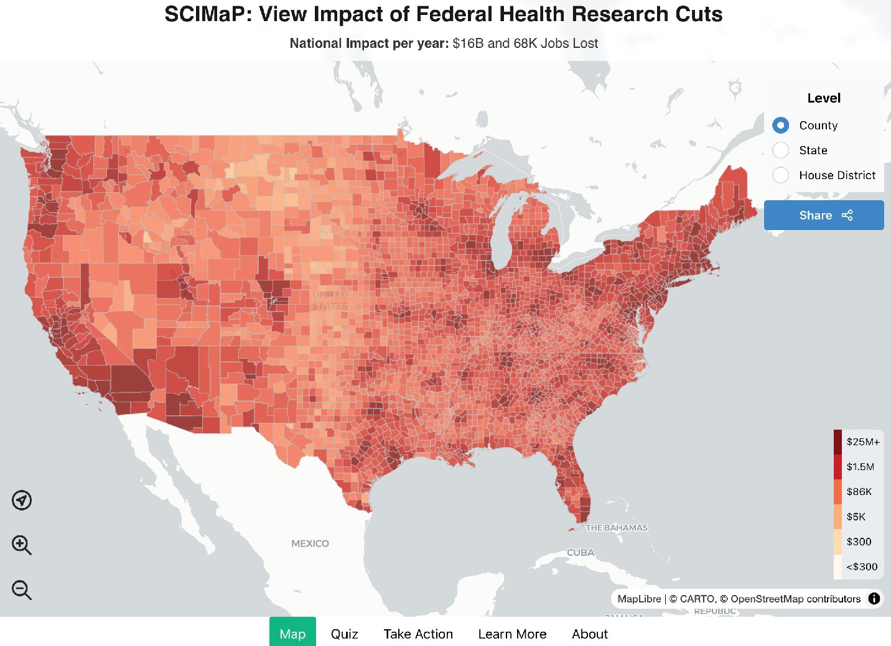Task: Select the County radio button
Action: (x=781, y=125)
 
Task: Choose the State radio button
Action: (x=781, y=150)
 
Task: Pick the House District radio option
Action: (x=781, y=175)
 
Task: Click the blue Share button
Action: (x=824, y=215)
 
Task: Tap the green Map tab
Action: (x=292, y=633)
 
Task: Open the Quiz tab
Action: (x=344, y=634)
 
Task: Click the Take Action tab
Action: (x=418, y=634)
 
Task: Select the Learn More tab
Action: (x=512, y=634)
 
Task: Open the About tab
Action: (x=589, y=634)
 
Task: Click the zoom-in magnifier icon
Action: (x=21, y=545)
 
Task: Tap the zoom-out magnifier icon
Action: (x=21, y=589)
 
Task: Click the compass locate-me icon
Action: (x=22, y=500)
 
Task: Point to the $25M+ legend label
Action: (x=863, y=442)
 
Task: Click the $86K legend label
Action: (x=859, y=492)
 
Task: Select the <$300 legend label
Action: (x=862, y=566)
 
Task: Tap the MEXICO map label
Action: (x=310, y=543)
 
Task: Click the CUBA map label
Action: (x=580, y=552)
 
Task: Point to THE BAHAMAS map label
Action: (x=616, y=527)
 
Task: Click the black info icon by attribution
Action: (x=874, y=599)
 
